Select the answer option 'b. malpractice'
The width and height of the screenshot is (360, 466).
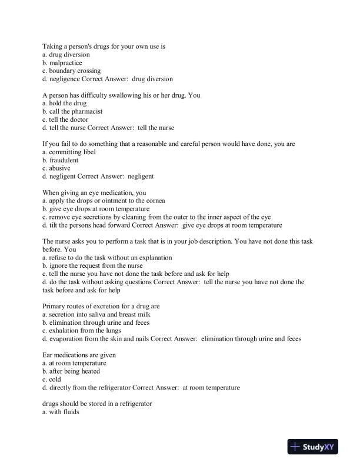pyautogui.click(x=62, y=62)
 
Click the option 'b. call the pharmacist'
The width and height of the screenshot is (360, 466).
pyautogui.click(x=73, y=111)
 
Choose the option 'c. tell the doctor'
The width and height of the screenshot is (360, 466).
pyautogui.click(x=65, y=119)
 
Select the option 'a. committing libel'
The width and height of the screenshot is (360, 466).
pyautogui.click(x=69, y=152)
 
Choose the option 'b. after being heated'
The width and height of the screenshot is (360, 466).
pyautogui.click(x=71, y=371)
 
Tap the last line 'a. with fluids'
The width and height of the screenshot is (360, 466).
pyautogui.click(x=61, y=412)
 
